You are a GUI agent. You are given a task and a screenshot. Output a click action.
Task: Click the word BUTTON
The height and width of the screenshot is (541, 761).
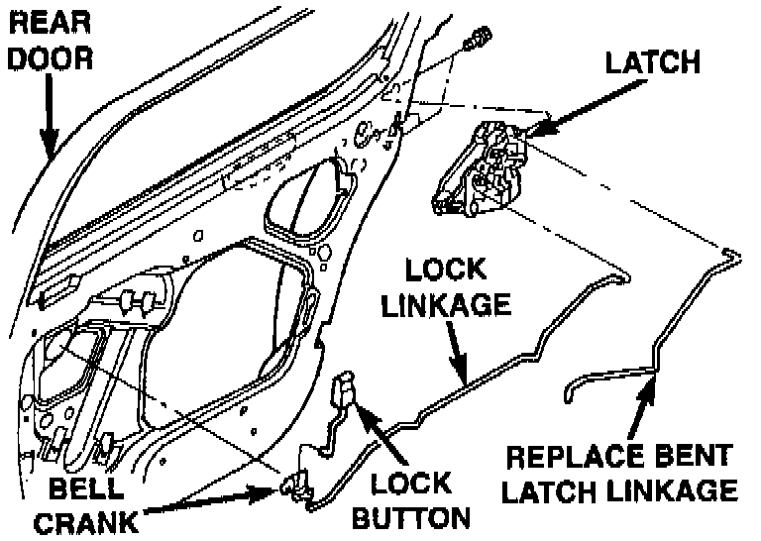[412, 518]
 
